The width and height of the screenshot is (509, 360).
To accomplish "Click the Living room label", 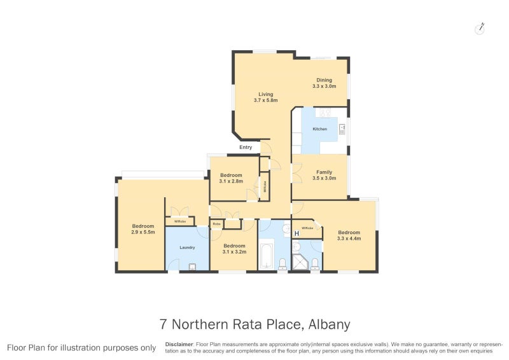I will (265, 94).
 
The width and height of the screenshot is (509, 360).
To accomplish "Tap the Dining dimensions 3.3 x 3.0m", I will (324, 86).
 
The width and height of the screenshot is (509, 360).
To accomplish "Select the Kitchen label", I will (319, 129).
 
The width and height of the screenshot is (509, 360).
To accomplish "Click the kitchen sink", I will (342, 130).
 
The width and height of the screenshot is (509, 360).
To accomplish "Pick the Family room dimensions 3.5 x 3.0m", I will (324, 178).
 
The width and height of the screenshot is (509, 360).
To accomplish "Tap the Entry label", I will (246, 148).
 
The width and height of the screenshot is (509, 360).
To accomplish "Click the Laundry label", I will (186, 247).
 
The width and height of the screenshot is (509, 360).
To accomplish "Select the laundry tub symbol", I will (192, 267).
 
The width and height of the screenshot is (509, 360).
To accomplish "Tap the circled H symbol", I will (296, 234).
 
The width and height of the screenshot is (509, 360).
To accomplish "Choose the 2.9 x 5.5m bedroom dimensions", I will (143, 232).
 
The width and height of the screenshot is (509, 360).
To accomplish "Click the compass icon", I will (481, 28).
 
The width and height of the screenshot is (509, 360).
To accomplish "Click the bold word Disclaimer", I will (179, 344).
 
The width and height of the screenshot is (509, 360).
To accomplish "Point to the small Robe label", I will (216, 224).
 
